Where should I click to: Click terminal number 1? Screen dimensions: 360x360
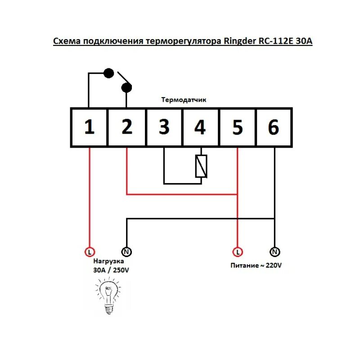90,127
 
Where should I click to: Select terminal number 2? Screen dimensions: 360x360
127,127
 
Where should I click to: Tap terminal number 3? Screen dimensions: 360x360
164,127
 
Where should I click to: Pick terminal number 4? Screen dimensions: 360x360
200,127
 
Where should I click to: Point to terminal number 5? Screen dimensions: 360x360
237,127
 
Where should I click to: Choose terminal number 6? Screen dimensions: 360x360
274,127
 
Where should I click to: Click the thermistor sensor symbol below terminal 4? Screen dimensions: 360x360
201,166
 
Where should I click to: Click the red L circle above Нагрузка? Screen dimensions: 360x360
90,251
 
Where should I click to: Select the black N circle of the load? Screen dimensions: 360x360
126,251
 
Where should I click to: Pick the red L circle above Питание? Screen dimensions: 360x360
237,251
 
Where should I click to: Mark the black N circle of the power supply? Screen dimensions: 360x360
274,251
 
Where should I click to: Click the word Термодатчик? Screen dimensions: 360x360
184,100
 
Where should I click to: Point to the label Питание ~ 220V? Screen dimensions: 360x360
256,265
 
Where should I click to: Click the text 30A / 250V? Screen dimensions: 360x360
111,270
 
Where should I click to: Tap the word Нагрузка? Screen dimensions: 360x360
108,261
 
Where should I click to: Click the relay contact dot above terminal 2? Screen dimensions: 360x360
126,87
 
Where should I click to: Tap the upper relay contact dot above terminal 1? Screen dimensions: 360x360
108,72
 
